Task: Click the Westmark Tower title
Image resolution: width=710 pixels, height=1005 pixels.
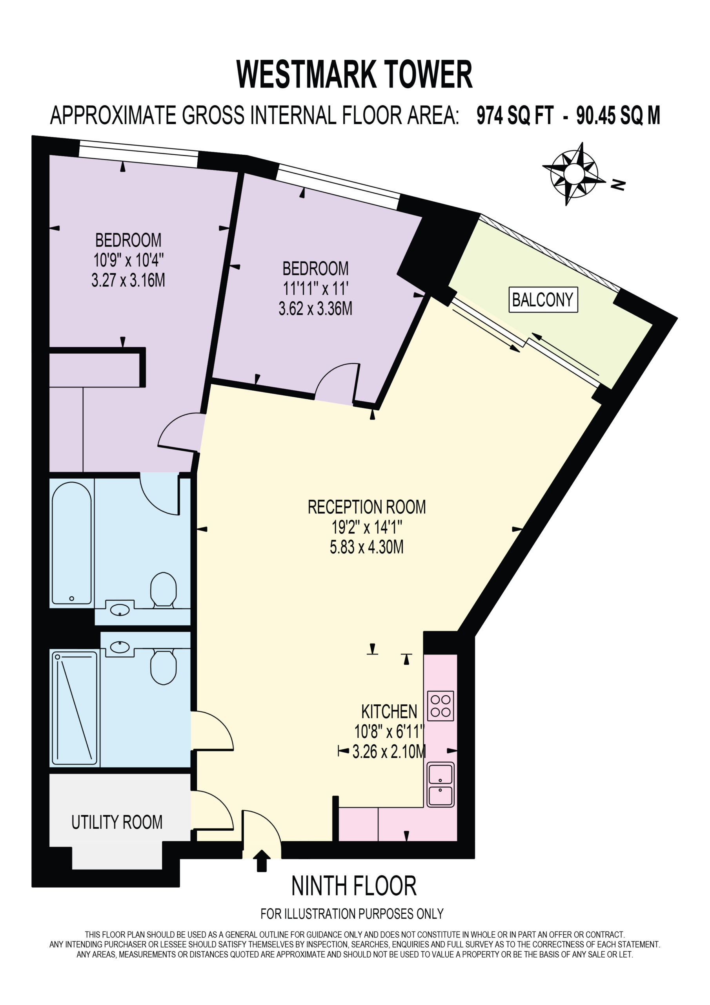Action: coord(354,75)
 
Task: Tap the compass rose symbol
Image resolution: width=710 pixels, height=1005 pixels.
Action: coord(573,174)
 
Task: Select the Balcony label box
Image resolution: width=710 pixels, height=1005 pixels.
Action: coord(543,300)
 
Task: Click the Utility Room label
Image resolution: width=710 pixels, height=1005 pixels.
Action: coord(117,822)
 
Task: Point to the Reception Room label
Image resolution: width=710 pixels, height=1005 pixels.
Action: coord(367,507)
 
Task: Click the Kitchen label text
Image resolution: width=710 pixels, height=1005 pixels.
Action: coord(389,712)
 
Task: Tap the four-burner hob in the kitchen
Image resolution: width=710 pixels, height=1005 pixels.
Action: coord(440,706)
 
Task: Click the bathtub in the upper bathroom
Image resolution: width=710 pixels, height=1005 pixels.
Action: coord(72,543)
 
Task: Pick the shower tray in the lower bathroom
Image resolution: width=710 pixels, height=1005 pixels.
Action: coord(75,708)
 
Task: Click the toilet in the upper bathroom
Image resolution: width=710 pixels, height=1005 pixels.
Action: coord(164,589)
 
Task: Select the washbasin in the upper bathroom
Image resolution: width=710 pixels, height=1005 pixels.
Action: coord(119,609)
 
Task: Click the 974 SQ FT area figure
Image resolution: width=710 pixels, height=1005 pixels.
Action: coord(515,115)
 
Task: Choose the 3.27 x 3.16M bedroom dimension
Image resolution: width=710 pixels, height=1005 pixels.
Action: coord(128,280)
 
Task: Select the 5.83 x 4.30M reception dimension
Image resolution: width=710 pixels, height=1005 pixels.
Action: coord(367,547)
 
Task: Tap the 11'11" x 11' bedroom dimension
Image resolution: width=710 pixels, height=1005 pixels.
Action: coord(315,289)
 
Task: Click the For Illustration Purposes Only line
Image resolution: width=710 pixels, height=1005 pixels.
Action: coord(352,914)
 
